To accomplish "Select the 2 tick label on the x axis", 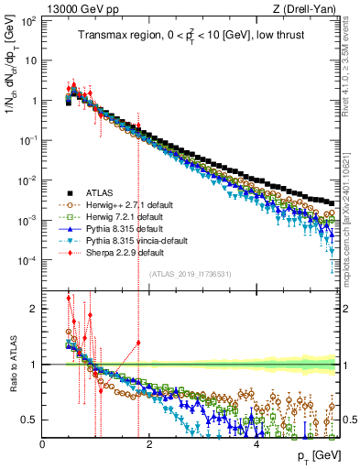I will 149,445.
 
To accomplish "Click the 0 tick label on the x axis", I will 43,445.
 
